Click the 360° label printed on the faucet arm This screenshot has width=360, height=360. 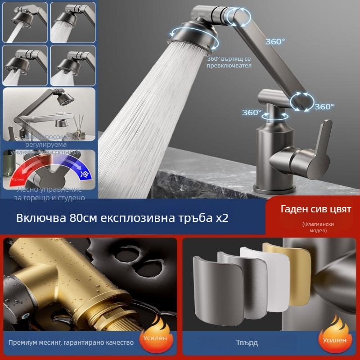(275, 41)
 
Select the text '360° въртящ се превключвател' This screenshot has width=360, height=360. (229, 62)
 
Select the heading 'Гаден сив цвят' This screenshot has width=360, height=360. (310, 209)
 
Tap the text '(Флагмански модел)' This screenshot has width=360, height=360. (318, 227)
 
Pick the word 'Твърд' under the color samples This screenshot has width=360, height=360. (247, 342)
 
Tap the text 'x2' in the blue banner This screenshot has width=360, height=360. (222, 218)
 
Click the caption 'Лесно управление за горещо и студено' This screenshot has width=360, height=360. (49, 193)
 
